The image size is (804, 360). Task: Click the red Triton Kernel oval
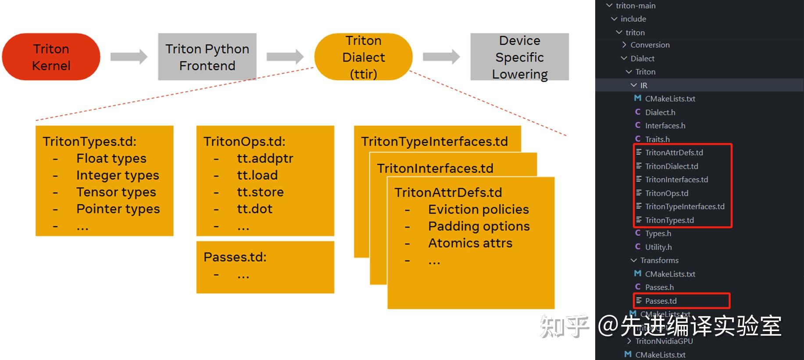pyautogui.click(x=51, y=57)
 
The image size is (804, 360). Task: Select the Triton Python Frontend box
pyautogui.click(x=207, y=57)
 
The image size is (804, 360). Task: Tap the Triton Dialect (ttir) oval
pyautogui.click(x=363, y=57)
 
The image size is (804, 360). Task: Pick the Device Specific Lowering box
pyautogui.click(x=519, y=57)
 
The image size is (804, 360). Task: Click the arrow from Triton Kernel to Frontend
pyautogui.click(x=129, y=57)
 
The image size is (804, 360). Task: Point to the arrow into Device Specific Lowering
pyautogui.click(x=441, y=57)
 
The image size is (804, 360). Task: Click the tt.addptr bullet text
pyautogui.click(x=265, y=158)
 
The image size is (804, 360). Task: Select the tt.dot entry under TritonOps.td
pyautogui.click(x=254, y=209)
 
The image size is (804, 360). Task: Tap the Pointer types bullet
pyautogui.click(x=118, y=209)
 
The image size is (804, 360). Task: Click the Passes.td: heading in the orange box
pyautogui.click(x=235, y=257)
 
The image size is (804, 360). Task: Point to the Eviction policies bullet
pyautogui.click(x=479, y=210)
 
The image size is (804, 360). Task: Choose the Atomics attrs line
pyautogui.click(x=470, y=243)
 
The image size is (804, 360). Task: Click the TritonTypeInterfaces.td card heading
pyautogui.click(x=434, y=142)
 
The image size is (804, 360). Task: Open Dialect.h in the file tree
pyautogui.click(x=660, y=112)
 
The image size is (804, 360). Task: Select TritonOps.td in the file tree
pyautogui.click(x=666, y=193)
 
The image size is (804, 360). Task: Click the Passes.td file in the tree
pyautogui.click(x=661, y=301)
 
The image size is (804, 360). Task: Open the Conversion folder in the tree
pyautogui.click(x=650, y=45)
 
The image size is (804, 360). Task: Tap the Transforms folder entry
pyautogui.click(x=659, y=260)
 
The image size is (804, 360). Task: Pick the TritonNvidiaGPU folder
pyautogui.click(x=664, y=341)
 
